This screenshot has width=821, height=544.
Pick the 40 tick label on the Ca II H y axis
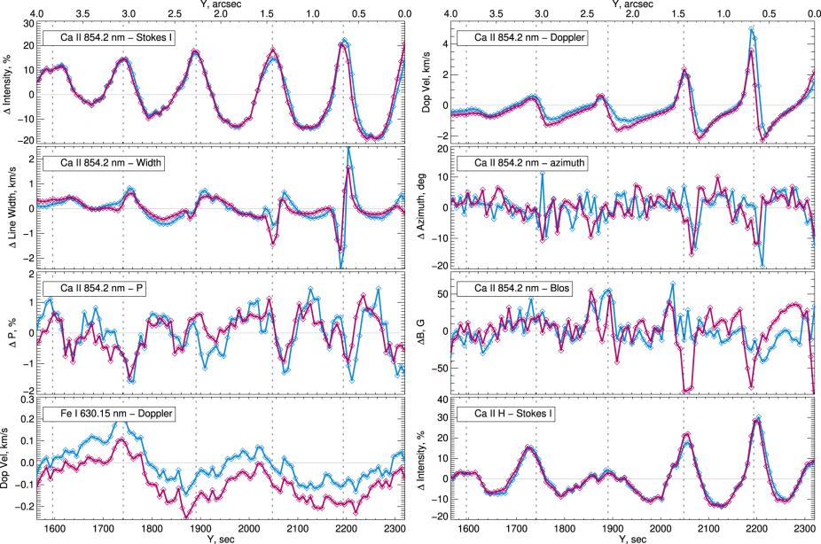click(439, 400)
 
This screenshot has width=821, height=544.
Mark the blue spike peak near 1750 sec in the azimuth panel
click(542, 174)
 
